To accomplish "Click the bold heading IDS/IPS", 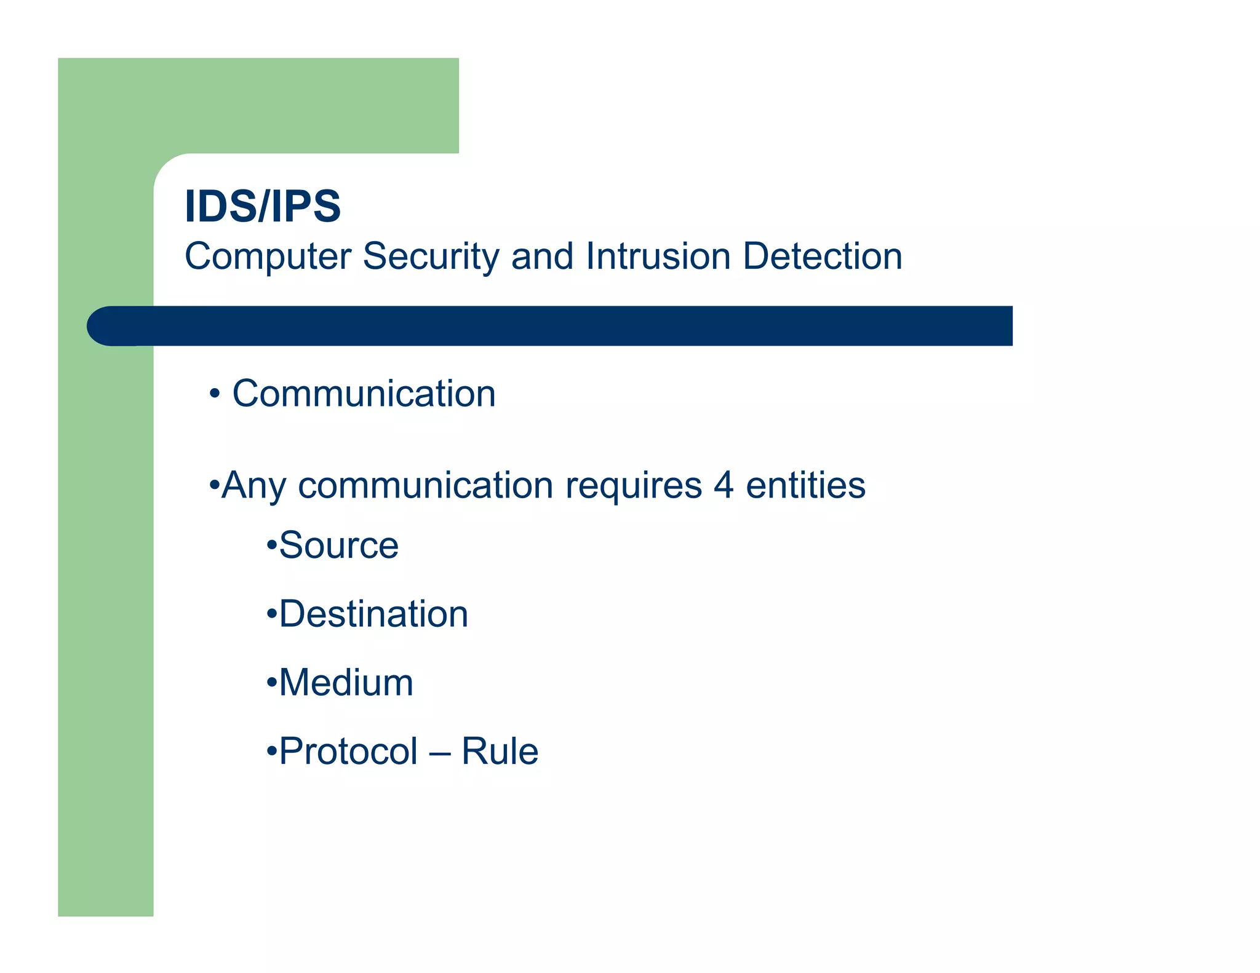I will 263,207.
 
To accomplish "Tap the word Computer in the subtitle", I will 268,256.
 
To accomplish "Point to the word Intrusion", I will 658,256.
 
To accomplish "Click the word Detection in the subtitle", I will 823,256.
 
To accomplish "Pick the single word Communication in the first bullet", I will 364,394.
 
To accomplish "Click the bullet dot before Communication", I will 214,394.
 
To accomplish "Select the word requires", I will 633,486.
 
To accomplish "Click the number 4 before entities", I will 724,485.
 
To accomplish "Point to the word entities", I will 805,485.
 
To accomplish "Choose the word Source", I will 338,546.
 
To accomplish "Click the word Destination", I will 373,614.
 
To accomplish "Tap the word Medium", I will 346,683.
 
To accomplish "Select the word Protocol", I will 348,752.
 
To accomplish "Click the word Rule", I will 500,752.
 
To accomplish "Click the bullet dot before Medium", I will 271,683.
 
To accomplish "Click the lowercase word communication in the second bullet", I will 426,486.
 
